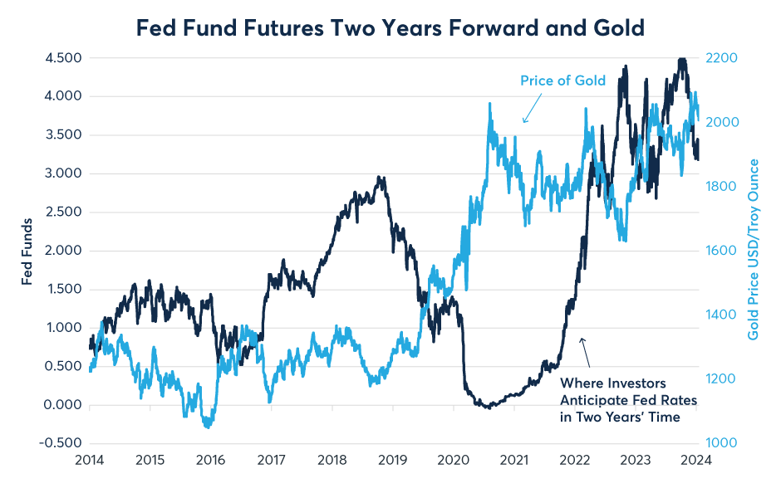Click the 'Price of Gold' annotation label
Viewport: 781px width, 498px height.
point(562,81)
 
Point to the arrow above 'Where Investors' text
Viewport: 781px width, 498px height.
point(585,352)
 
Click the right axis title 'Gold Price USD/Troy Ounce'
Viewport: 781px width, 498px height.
point(754,250)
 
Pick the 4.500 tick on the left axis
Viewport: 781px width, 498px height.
point(64,58)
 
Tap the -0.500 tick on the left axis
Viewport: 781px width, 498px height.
point(62,443)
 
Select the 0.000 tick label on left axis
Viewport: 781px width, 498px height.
point(64,405)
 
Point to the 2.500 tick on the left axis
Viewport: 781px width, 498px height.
point(64,212)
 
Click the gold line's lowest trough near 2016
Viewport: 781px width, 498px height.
point(207,427)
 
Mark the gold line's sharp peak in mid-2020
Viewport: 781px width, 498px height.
point(489,104)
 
